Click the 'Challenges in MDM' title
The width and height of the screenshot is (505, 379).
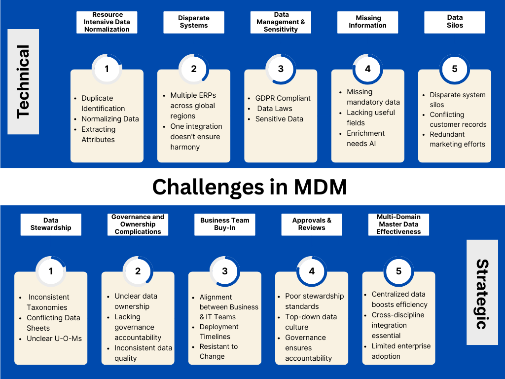[250, 187]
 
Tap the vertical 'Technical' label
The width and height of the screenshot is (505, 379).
[23, 81]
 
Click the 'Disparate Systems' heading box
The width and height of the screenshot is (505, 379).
[194, 22]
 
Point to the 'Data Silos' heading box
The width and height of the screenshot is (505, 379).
[455, 22]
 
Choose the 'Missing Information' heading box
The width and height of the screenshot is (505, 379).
[368, 22]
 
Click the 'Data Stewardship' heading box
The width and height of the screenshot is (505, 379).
[51, 224]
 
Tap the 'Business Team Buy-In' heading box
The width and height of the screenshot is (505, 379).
[225, 224]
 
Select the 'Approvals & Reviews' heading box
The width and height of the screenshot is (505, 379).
[312, 224]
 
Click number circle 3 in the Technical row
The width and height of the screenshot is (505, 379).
[281, 69]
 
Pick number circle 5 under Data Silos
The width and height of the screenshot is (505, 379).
[455, 69]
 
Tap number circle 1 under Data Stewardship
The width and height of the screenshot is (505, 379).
[51, 271]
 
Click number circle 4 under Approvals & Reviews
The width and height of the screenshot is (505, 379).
[312, 271]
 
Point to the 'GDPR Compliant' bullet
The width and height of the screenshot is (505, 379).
[283, 98]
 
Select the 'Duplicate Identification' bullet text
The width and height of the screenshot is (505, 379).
[103, 103]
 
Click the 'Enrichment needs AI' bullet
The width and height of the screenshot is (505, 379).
[365, 138]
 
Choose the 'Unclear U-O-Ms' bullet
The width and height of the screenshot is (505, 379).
[54, 339]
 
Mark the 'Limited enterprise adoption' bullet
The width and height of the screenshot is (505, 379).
[401, 351]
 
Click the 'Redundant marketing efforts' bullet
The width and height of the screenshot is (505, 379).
[457, 139]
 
